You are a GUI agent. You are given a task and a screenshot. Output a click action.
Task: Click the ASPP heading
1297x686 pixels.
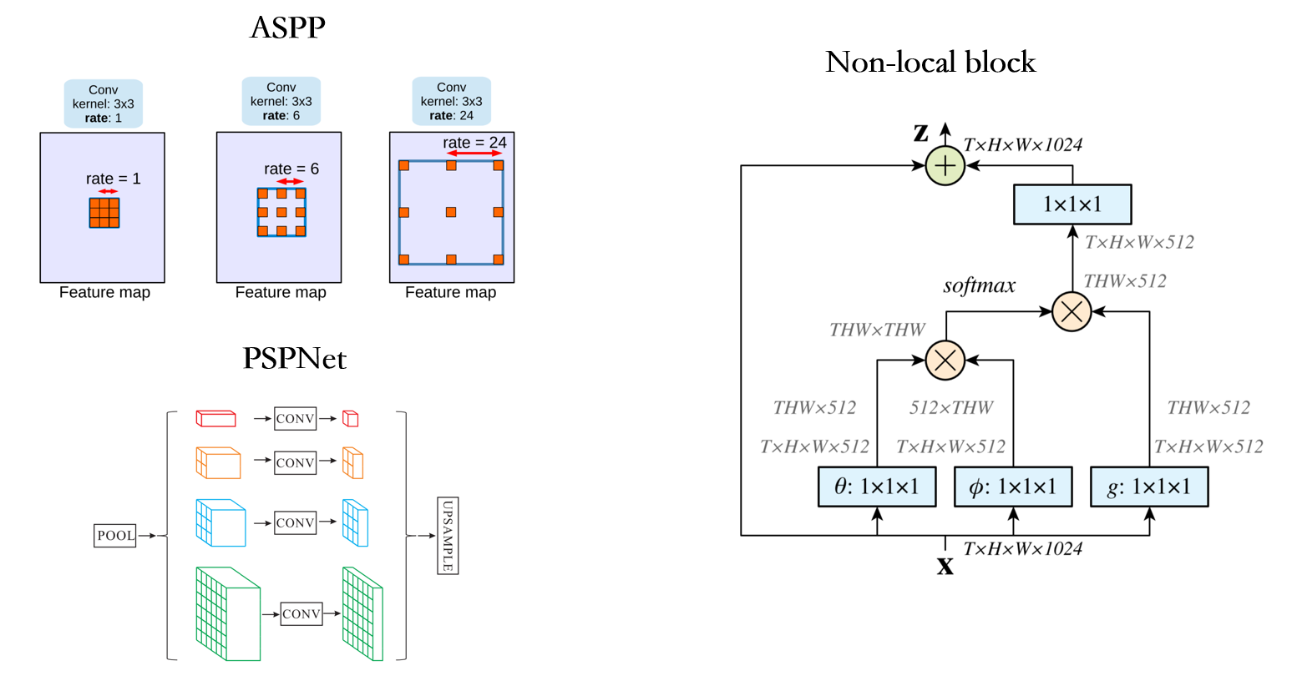287,28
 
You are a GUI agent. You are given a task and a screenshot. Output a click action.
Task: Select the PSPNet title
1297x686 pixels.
294,359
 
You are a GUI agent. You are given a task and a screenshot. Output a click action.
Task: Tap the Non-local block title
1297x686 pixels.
930,63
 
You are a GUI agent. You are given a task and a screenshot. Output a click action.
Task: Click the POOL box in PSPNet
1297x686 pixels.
115,536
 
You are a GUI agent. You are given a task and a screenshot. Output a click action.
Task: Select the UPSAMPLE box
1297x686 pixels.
448,536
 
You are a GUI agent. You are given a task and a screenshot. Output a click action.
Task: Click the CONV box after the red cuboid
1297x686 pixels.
295,419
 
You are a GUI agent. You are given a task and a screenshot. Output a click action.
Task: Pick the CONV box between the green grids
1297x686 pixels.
301,613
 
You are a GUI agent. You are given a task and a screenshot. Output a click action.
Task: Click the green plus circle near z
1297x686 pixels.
945,165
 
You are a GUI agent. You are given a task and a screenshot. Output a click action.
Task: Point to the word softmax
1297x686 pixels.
979,286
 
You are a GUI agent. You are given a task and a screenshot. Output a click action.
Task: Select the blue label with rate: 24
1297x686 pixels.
451,101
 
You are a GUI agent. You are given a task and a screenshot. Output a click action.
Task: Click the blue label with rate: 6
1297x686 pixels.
281,101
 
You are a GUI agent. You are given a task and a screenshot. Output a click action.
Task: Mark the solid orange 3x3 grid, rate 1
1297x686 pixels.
104,213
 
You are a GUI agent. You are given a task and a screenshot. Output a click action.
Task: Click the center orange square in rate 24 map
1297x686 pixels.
451,212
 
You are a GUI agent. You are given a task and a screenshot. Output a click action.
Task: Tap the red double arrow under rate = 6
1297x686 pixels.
290,181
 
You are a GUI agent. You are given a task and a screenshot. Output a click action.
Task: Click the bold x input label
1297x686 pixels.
945,567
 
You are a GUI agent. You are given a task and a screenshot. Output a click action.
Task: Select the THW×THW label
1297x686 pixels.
877,330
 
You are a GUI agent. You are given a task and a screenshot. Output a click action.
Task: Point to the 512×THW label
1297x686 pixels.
951,408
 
